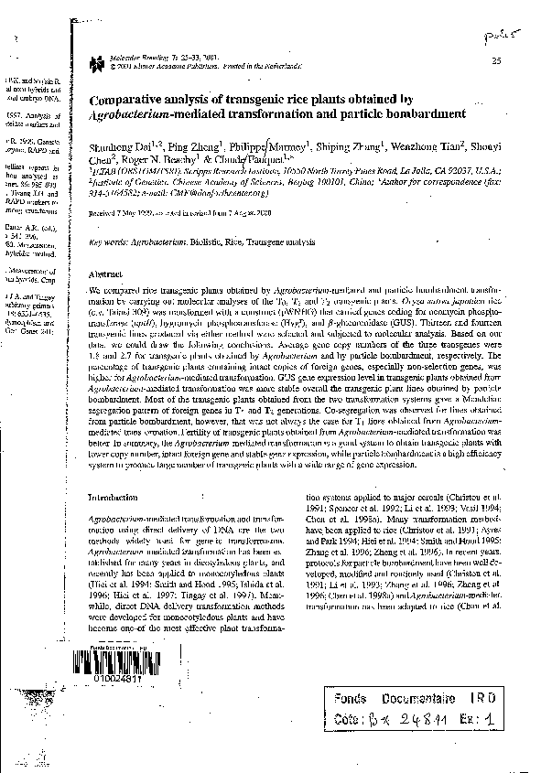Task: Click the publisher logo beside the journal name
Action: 97,62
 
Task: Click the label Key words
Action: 107,242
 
